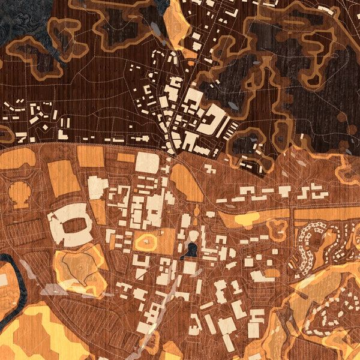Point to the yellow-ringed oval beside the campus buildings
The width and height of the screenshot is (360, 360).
pos(146,242)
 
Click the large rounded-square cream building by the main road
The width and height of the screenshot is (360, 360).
pos(146,163)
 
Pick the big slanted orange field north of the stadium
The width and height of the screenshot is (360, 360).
pos(64,178)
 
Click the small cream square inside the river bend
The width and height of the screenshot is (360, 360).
pos(3,280)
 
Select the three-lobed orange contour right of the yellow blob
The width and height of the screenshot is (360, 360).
pos(277,227)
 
